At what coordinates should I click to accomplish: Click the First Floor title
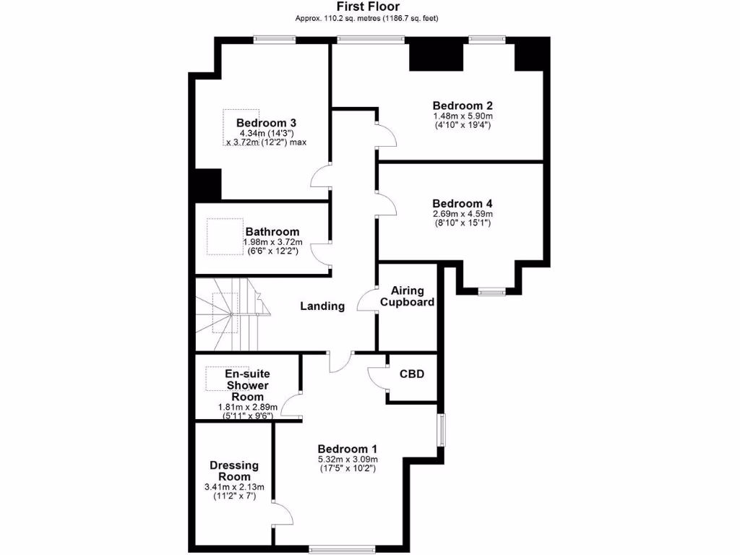(x=367, y=7)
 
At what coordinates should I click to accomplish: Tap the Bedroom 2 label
(x=462, y=105)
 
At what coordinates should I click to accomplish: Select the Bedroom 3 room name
(x=266, y=122)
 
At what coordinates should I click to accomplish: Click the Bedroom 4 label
(x=462, y=203)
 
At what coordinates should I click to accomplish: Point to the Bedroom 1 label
(x=348, y=448)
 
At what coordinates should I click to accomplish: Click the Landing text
(x=322, y=306)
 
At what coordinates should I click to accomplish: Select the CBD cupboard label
(x=412, y=374)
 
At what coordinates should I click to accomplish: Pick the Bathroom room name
(x=272, y=231)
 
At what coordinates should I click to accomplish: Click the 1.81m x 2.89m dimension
(x=248, y=407)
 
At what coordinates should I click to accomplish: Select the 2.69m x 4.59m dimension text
(x=462, y=214)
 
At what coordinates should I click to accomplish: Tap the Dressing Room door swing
(x=283, y=514)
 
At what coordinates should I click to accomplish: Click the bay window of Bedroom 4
(x=491, y=291)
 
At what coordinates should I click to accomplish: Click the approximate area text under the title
(x=367, y=18)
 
